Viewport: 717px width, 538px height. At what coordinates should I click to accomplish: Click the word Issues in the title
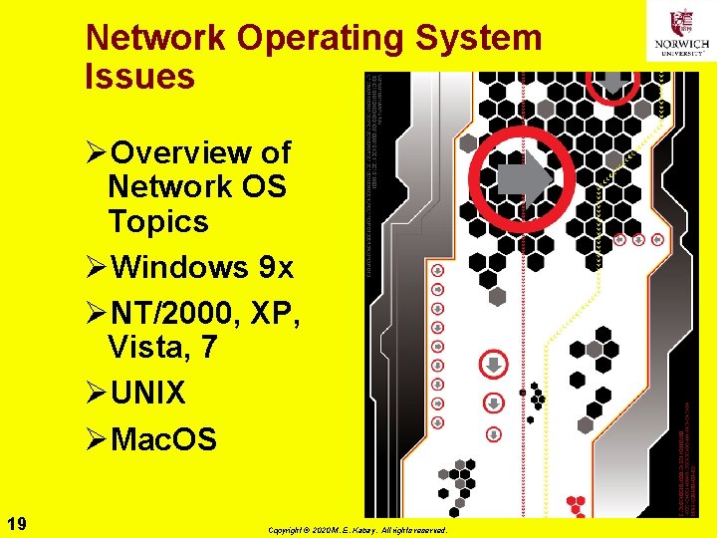click(x=140, y=76)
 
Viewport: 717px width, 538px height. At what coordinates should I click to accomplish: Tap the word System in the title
click(x=480, y=38)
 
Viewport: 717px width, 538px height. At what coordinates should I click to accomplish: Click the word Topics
click(x=158, y=221)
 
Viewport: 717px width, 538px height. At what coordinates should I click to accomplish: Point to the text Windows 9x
click(x=202, y=267)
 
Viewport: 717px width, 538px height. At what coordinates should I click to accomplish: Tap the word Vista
click(x=148, y=348)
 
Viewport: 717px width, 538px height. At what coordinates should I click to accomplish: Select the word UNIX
click(x=148, y=394)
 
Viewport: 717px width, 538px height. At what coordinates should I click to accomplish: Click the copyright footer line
click(x=358, y=531)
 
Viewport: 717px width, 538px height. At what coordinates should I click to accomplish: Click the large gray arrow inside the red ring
click(x=524, y=179)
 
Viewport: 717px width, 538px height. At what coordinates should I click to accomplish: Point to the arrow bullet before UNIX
click(x=96, y=394)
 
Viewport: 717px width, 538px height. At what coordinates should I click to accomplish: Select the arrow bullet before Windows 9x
click(x=96, y=267)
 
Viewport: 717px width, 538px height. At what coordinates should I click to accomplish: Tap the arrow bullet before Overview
click(x=96, y=152)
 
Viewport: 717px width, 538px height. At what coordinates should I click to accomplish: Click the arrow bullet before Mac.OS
click(x=96, y=438)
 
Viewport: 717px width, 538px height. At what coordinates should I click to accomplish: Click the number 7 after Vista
click(x=208, y=348)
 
